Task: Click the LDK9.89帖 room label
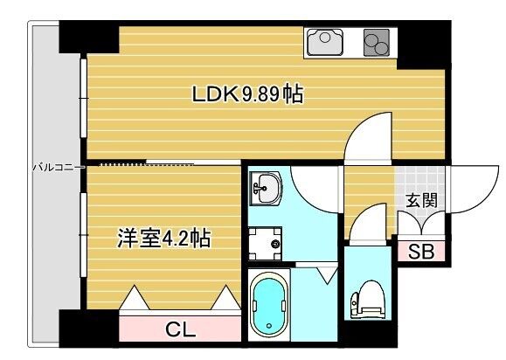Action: (x=248, y=94)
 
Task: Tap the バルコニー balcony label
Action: (x=57, y=165)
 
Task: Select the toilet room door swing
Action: (x=367, y=220)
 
